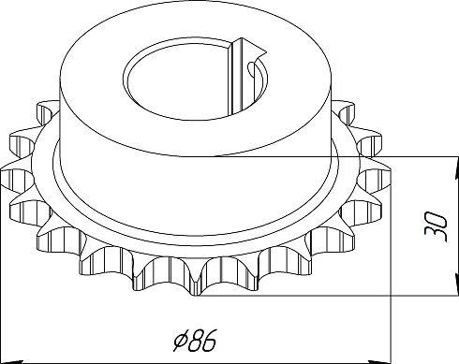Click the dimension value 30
coord(436,226)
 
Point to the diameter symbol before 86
coord(181,342)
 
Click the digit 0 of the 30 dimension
coord(436,219)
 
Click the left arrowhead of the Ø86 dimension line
coord(11,361)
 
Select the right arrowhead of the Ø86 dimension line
coord(380,361)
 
